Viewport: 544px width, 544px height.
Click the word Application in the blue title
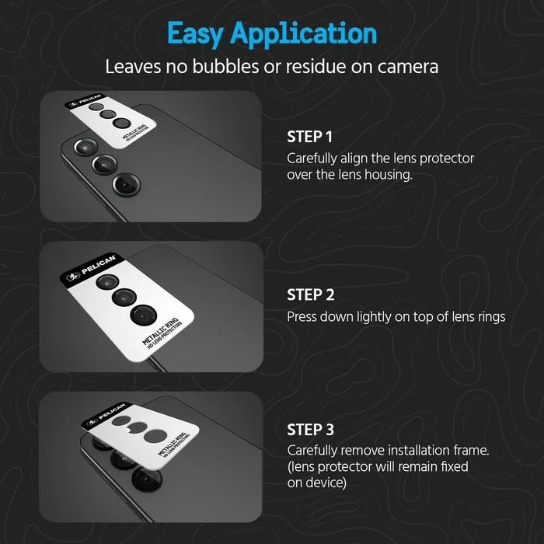303,34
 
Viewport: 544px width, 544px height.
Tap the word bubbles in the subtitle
225,66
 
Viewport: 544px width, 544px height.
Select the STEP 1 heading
309,137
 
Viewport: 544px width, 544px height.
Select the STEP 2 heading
311,295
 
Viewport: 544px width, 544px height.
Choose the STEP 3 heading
310,430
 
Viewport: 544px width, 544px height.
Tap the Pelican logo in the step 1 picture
72,104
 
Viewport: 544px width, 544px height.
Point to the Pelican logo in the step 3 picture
92,423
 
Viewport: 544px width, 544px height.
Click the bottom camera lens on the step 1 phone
126,185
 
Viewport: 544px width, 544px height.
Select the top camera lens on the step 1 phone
85,147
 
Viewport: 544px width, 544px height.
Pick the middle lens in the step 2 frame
124,298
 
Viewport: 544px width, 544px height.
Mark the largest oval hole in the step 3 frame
155,436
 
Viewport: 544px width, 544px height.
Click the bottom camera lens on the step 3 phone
147,479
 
